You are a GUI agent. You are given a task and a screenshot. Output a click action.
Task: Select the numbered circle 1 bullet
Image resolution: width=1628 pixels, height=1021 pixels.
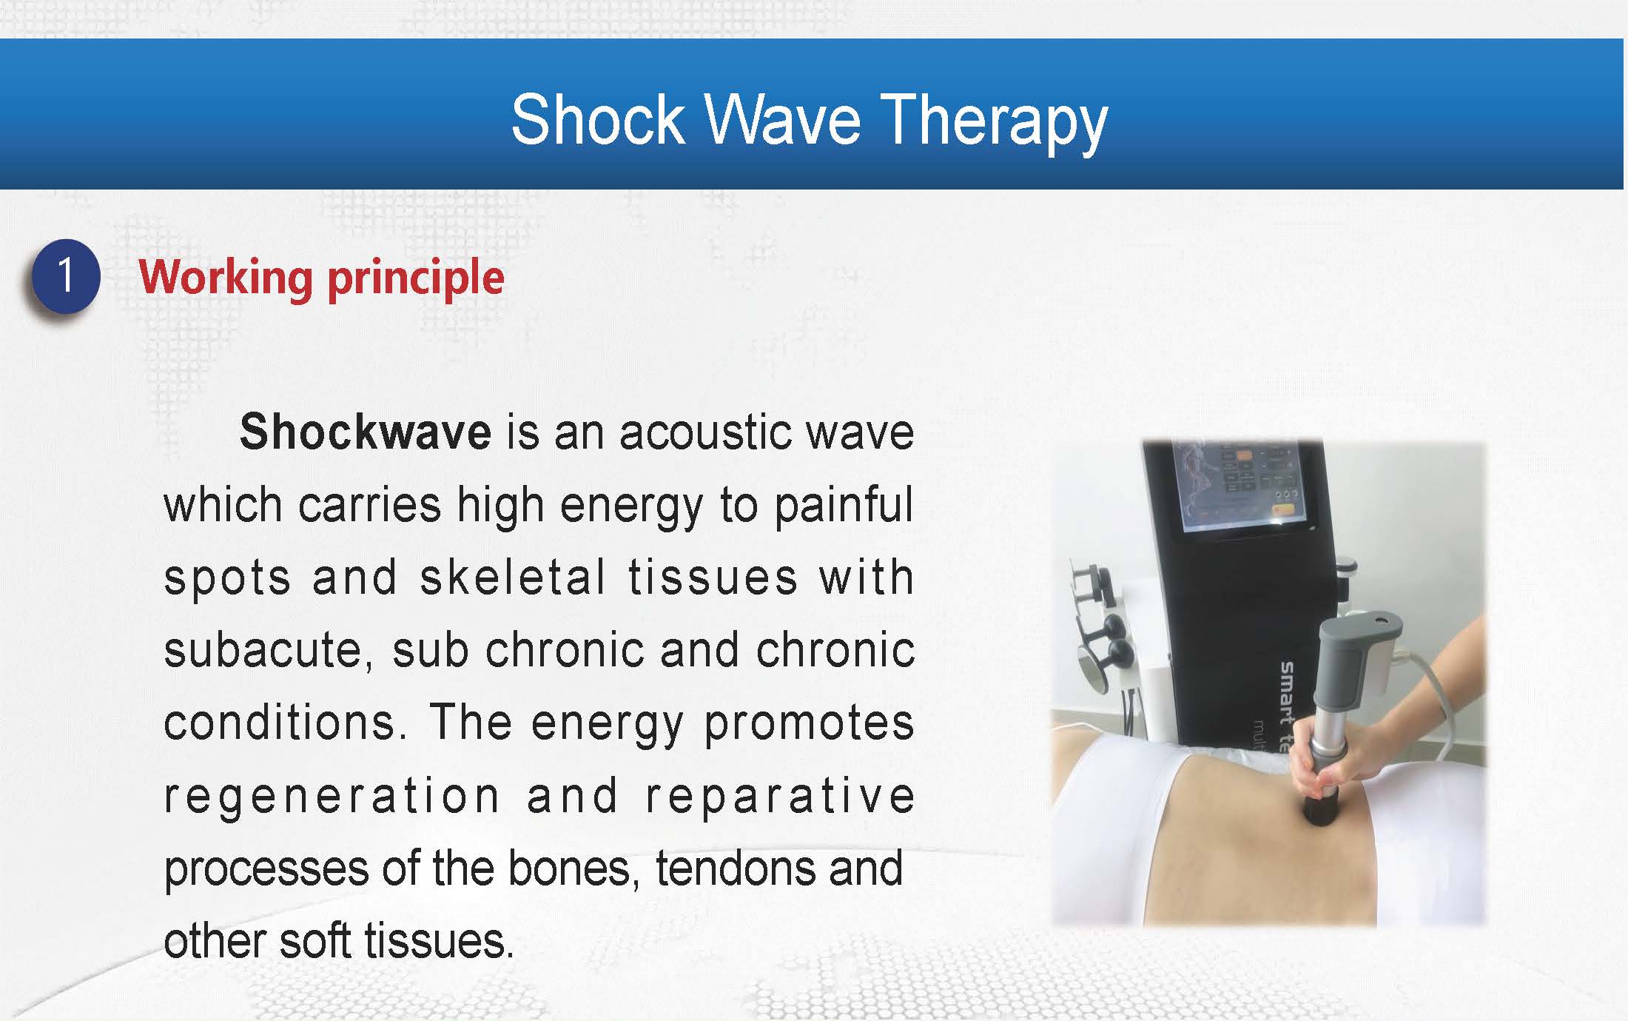coord(66,277)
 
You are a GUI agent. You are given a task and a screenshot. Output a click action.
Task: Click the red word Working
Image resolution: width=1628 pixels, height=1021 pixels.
coord(225,278)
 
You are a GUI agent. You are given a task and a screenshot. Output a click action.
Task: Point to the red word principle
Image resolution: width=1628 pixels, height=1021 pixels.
coord(416,278)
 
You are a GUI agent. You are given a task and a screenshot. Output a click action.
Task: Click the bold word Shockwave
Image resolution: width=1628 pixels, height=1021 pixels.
coord(366,432)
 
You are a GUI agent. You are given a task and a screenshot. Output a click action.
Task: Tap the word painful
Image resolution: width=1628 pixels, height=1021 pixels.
coord(844,506)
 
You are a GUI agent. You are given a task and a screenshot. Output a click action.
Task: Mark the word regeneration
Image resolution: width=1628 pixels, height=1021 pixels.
coord(332,797)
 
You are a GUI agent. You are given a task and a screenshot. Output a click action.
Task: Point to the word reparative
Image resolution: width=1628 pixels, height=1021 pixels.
coord(781,797)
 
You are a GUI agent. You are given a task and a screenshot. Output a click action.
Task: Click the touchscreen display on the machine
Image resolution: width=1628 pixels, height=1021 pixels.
coord(1240,486)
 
